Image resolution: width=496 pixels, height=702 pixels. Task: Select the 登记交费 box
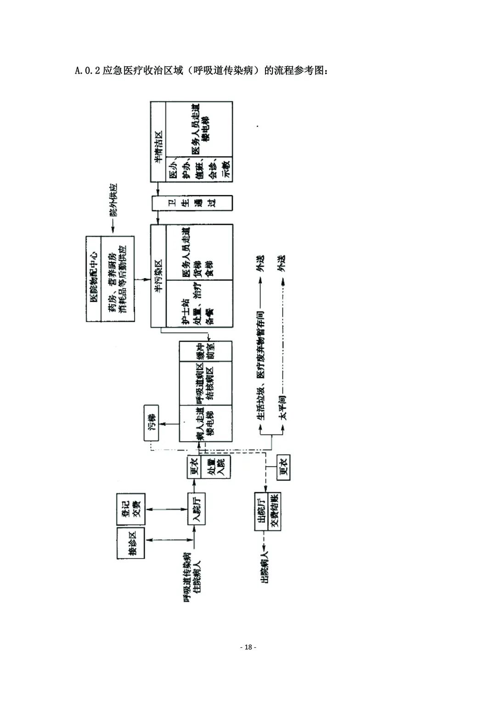pyautogui.click(x=131, y=509)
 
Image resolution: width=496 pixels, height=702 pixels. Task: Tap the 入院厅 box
pyautogui.click(x=196, y=509)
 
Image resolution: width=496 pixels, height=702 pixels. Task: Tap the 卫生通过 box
pyautogui.click(x=193, y=203)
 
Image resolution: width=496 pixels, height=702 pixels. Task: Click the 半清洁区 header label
pyautogui.click(x=158, y=142)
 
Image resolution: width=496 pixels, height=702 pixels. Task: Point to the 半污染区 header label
pyautogui.click(x=158, y=276)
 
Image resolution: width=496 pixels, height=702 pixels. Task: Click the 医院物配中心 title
pyautogui.click(x=93, y=279)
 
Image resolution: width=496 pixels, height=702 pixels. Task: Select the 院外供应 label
pyautogui.click(x=113, y=200)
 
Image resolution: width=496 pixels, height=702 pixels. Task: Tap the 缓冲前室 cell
pyautogui.click(x=206, y=352)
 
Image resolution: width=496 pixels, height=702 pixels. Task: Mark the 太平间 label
pyautogui.click(x=283, y=406)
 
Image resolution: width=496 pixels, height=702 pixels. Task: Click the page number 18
pyautogui.click(x=248, y=647)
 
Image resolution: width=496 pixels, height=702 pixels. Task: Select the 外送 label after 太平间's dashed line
pyautogui.click(x=283, y=263)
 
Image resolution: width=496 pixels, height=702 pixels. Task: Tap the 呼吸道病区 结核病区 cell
pyautogui.click(x=206, y=383)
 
